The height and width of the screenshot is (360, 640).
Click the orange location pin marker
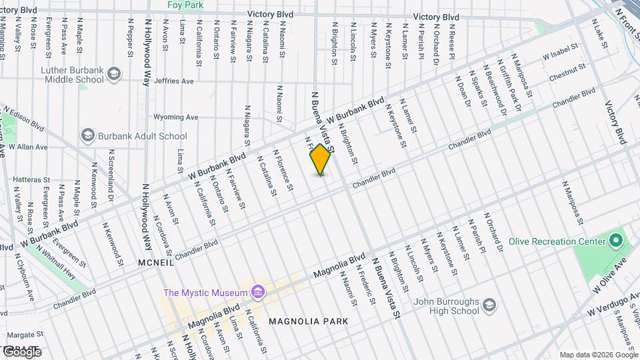pyautogui.click(x=320, y=159)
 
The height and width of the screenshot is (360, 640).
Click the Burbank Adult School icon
pyautogui.click(x=87, y=136)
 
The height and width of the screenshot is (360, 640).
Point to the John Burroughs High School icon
pyautogui.click(x=490, y=305)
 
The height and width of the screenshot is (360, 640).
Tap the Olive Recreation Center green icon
pyautogui.click(x=615, y=240)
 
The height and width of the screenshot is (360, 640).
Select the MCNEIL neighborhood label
pyautogui.click(x=156, y=263)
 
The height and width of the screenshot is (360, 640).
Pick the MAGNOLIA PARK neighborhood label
pyautogui.click(x=308, y=321)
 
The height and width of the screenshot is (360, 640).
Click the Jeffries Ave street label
pyautogui.click(x=173, y=81)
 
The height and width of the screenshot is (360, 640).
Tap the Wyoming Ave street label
pyautogui.click(x=176, y=117)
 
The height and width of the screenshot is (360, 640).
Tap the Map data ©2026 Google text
pyautogui.click(x=597, y=355)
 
